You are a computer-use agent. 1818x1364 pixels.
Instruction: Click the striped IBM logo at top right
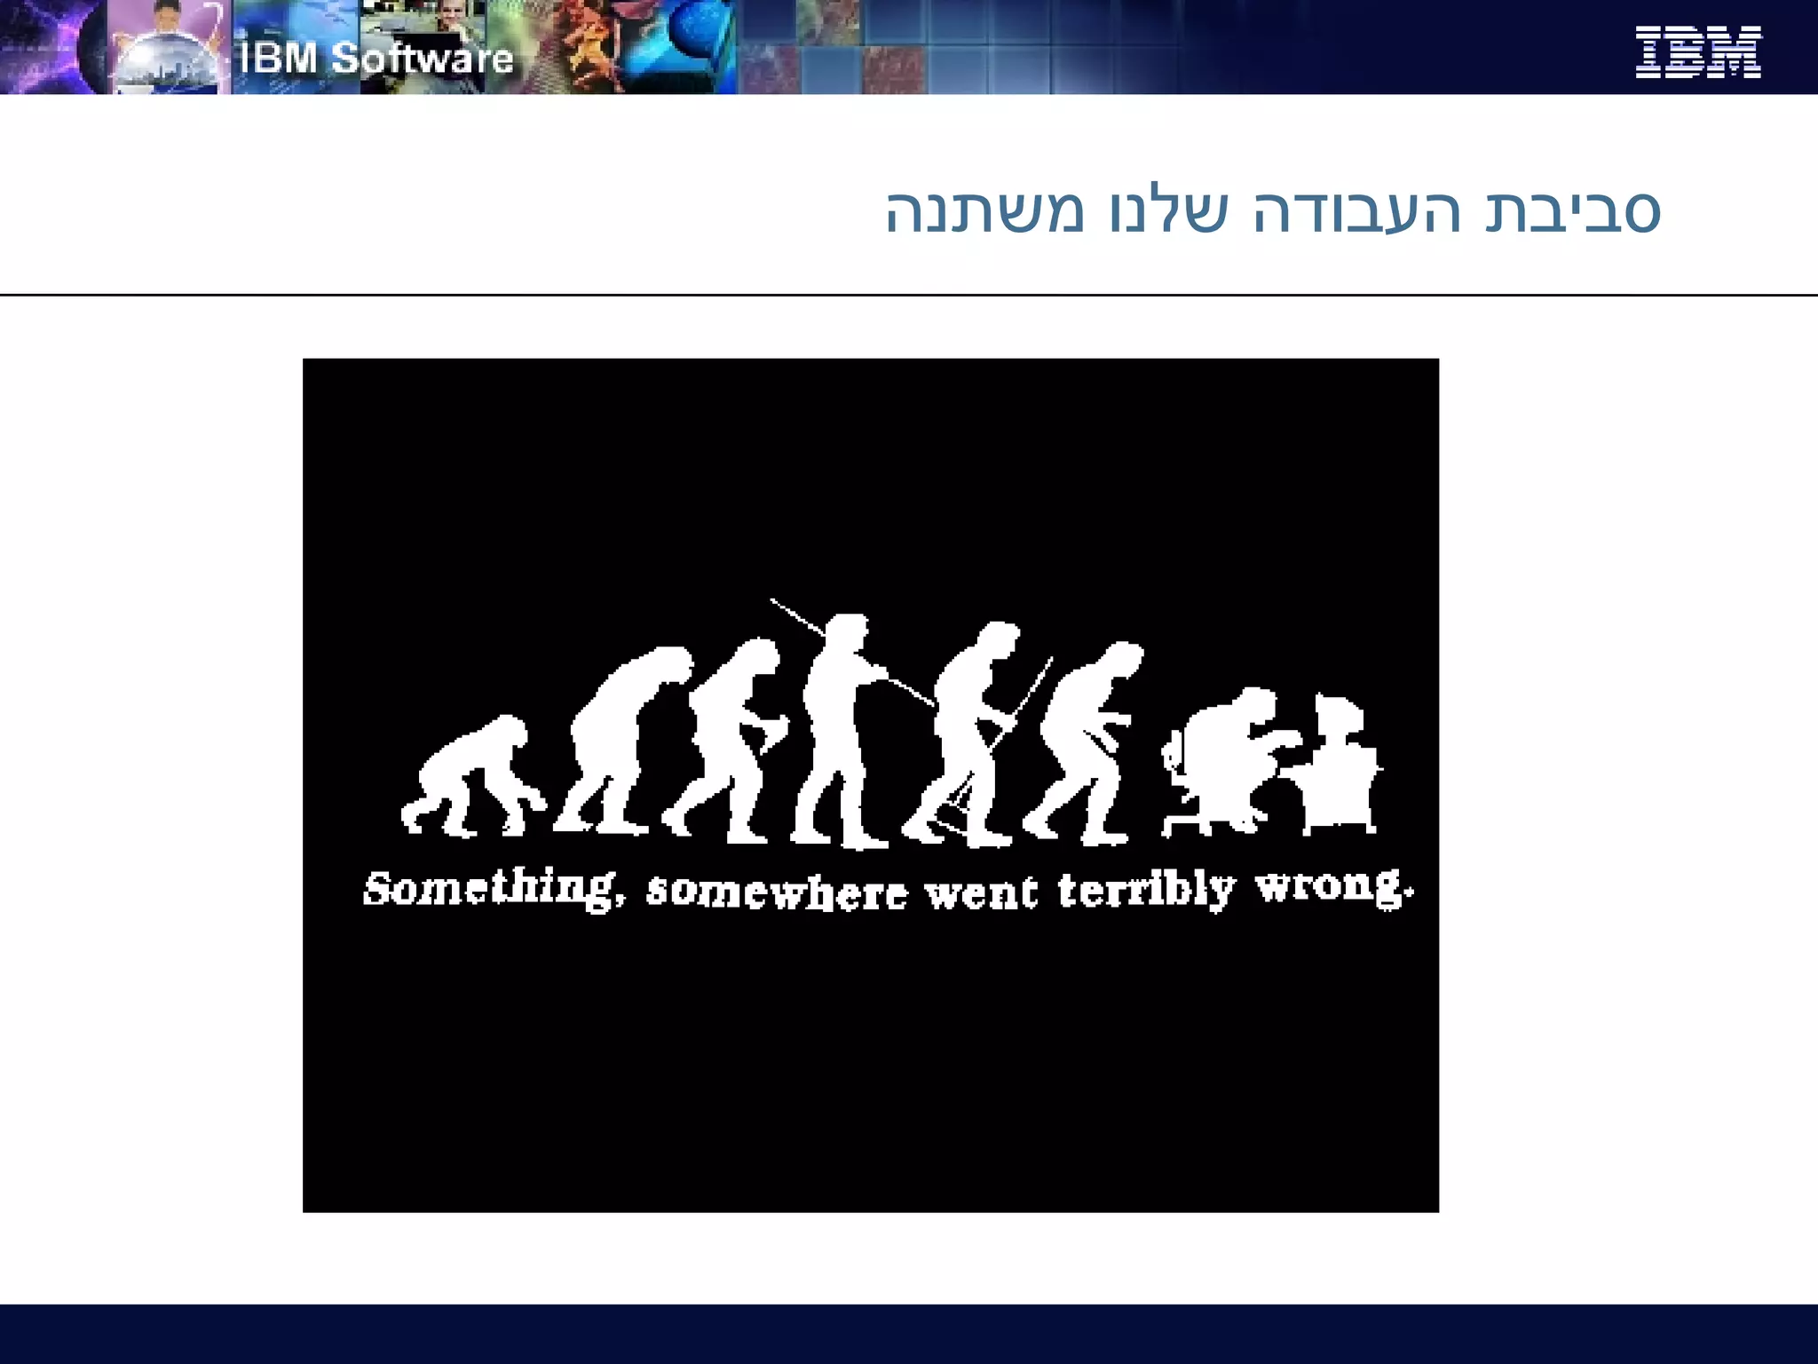[1697, 52]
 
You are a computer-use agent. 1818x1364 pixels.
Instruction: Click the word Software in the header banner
[423, 59]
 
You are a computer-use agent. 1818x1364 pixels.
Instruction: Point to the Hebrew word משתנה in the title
[984, 212]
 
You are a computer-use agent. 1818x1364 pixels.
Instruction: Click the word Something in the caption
[489, 889]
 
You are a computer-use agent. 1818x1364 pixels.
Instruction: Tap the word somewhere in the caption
[777, 892]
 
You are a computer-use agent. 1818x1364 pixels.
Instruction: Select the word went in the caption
[981, 892]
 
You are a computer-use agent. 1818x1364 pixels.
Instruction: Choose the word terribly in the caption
[1145, 890]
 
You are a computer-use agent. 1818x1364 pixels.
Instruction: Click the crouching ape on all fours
[470, 777]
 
